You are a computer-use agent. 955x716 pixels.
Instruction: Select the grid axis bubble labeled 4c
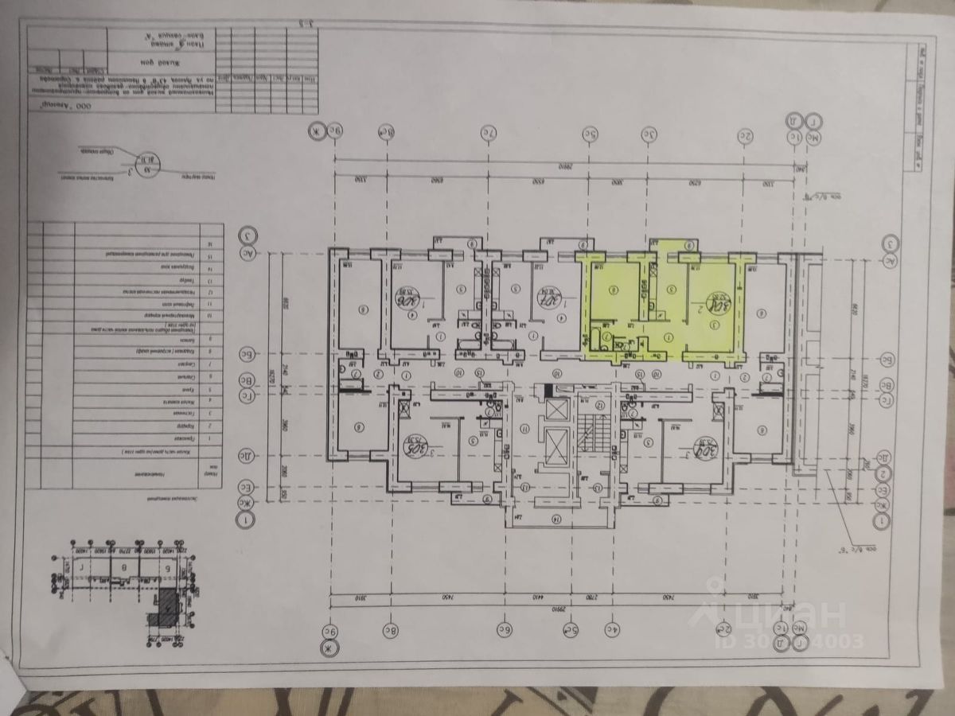click(613, 629)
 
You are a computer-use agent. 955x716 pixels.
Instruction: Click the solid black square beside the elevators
click(546, 390)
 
